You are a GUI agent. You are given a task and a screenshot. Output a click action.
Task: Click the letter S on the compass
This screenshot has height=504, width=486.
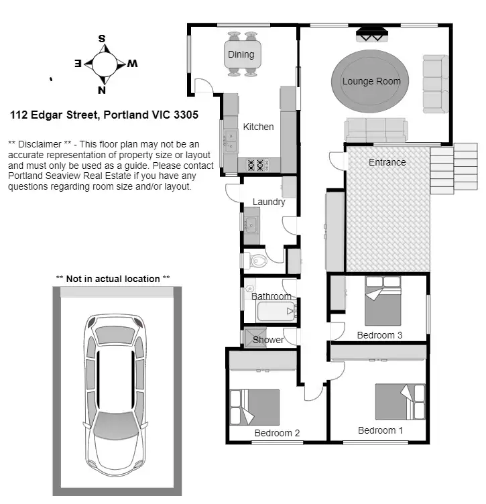coord(102,39)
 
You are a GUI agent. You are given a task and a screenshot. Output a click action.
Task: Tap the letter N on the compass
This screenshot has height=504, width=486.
coord(102,90)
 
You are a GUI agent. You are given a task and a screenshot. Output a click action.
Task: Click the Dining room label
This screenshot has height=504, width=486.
coord(241,54)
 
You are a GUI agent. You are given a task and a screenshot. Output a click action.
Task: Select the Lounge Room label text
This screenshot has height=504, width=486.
coord(371,81)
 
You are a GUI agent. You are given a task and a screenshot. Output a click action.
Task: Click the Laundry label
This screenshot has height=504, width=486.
coord(269,202)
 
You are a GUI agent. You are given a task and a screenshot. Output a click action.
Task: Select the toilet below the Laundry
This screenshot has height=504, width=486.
coord(257,259)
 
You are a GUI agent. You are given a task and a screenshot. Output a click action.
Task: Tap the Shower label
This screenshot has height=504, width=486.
coord(268,340)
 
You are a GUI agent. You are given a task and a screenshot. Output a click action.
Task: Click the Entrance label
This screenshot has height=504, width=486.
coord(387,162)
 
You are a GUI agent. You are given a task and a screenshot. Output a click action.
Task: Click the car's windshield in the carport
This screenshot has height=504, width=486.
coord(115,426)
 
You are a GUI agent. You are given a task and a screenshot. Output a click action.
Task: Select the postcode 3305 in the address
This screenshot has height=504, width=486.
coord(186,115)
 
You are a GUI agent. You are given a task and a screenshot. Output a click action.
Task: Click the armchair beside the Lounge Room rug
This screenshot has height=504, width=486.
coord(434,84)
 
